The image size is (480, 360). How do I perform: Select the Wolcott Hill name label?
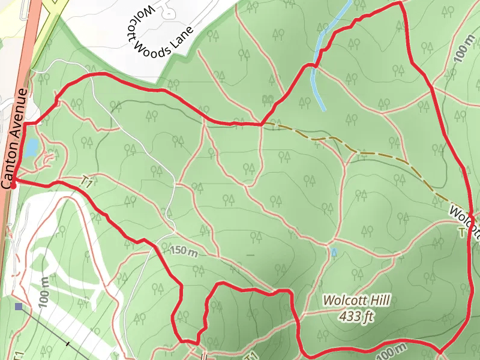click(x=356, y=300)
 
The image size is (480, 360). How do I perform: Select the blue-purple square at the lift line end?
click(x=20, y=307)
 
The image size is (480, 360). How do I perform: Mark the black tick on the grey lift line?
click(x=68, y=344)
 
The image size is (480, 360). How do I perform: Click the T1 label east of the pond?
click(x=86, y=181)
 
